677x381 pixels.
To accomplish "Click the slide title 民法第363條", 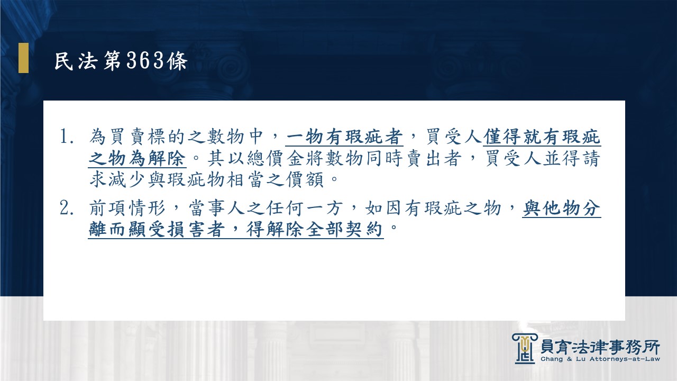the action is [x=121, y=61].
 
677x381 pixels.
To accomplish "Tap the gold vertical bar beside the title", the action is [x=24, y=58].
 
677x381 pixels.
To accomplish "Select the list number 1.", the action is [x=66, y=137].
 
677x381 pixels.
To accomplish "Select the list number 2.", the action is [x=66, y=208].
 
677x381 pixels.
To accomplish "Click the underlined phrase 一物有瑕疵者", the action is [x=344, y=137].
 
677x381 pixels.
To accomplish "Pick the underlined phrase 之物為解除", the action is [x=137, y=158].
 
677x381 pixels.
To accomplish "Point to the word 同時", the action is [x=385, y=158].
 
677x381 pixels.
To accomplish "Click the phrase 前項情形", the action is [x=127, y=208].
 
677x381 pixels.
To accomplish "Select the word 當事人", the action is [x=217, y=208].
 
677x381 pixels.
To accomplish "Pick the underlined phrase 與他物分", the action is [x=562, y=208].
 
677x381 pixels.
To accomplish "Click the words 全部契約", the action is [x=344, y=229].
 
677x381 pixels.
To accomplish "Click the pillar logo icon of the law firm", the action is [x=525, y=349].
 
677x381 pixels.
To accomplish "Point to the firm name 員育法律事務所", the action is [x=600, y=347].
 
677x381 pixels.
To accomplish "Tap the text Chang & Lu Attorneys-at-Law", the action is [x=600, y=359].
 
